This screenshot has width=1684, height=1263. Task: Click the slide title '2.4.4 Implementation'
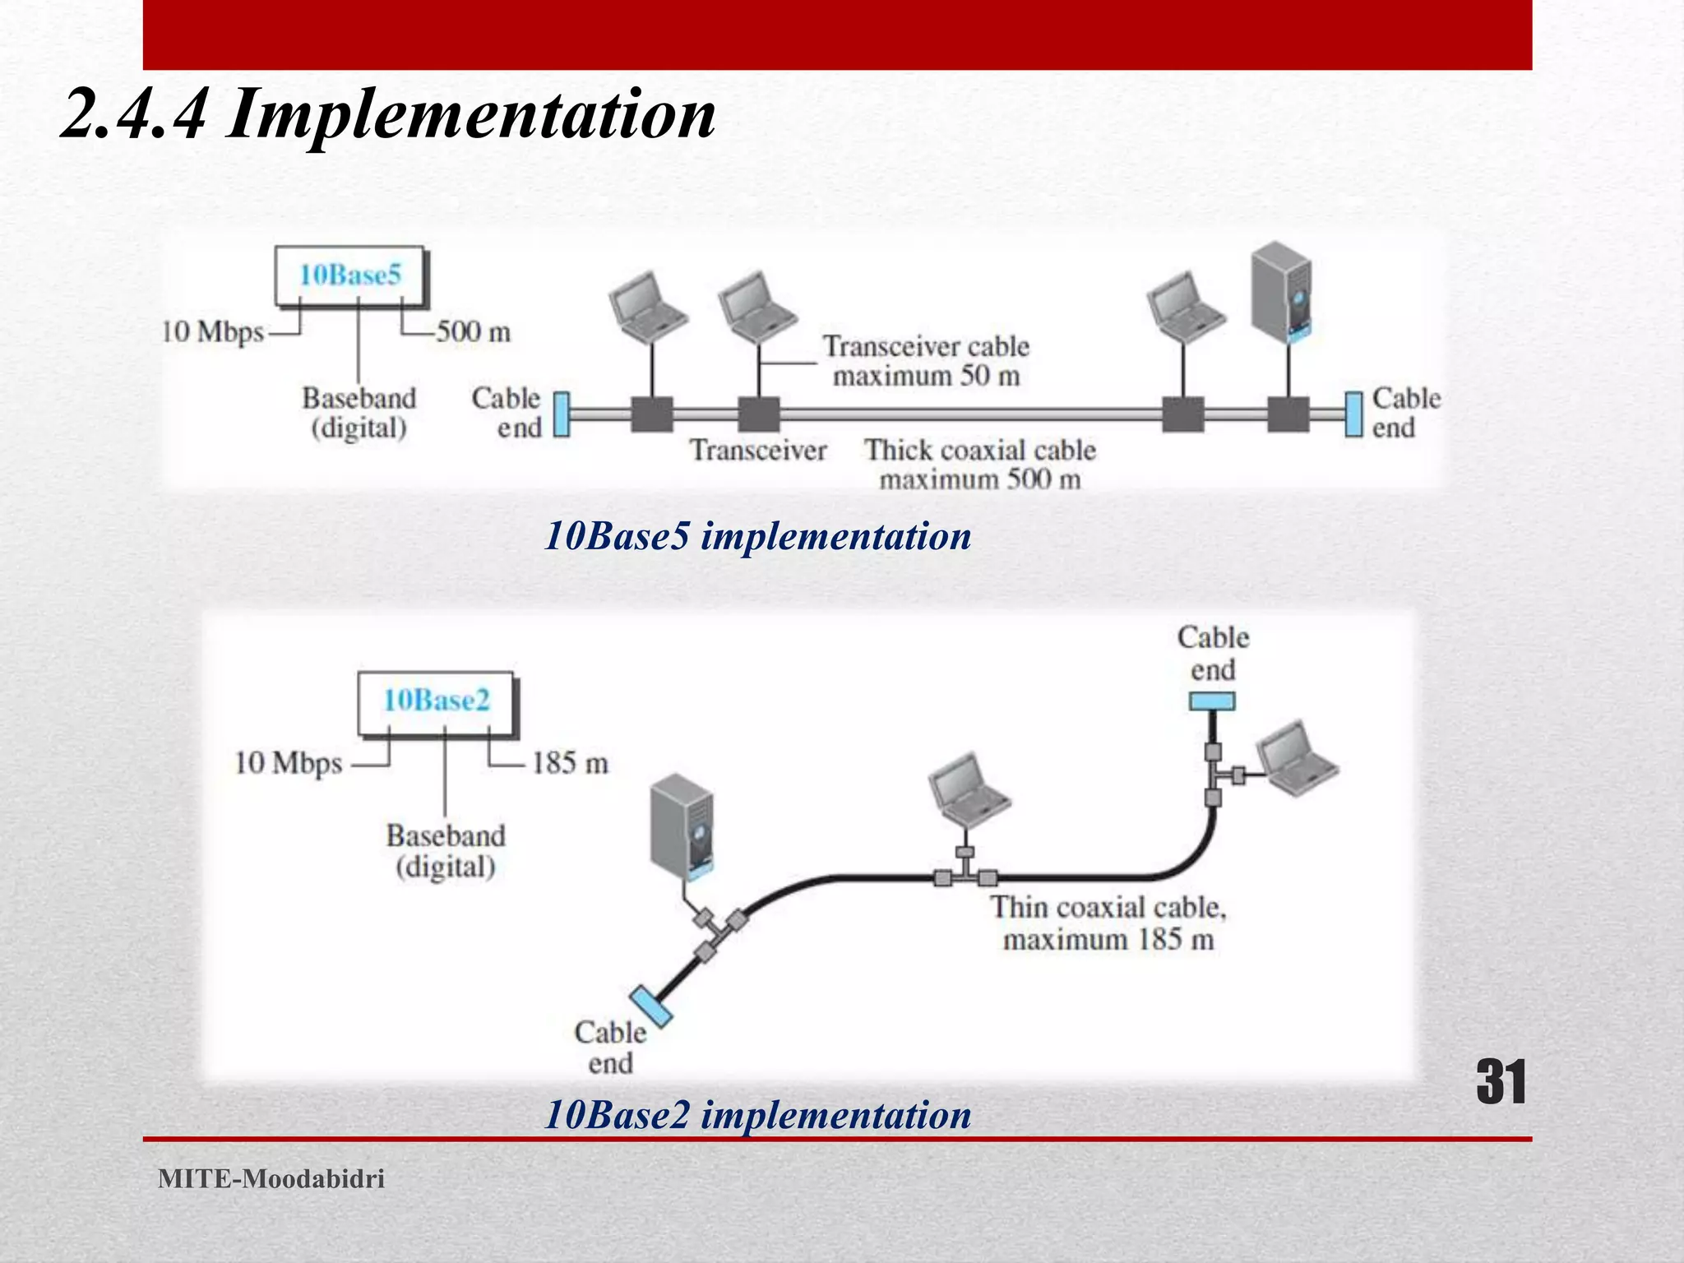(388, 114)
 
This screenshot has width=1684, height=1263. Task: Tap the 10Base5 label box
(350, 275)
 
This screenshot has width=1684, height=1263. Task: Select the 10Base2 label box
(436, 701)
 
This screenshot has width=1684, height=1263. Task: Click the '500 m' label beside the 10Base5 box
(473, 332)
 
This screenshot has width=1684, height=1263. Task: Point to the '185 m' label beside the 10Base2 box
(569, 763)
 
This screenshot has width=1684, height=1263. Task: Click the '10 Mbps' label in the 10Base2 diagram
(288, 763)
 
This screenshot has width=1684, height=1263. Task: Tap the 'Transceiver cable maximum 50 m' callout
(926, 361)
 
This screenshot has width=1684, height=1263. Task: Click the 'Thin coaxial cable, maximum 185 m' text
(1108, 923)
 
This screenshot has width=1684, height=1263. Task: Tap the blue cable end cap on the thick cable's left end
(561, 414)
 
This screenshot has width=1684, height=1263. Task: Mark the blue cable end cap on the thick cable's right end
(1353, 414)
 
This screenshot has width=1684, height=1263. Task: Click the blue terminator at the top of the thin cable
(1212, 701)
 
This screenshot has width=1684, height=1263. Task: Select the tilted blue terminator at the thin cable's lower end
(651, 1006)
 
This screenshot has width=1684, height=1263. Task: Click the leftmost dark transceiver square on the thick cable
(652, 414)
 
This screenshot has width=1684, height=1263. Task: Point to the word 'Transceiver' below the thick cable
(758, 451)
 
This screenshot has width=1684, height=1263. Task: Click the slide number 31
(1501, 1082)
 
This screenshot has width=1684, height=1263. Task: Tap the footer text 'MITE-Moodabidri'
(271, 1179)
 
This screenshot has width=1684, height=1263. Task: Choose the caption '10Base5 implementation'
(757, 536)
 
